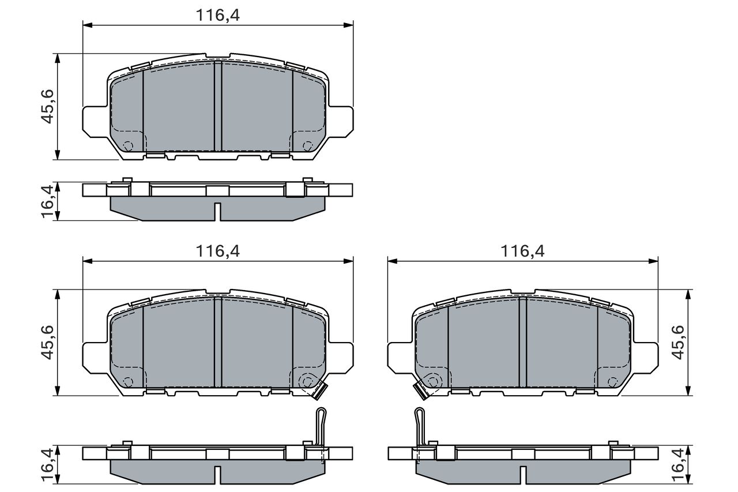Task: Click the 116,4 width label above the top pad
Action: (x=218, y=15)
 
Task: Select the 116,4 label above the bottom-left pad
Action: (x=218, y=251)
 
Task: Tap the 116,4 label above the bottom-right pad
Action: (x=522, y=251)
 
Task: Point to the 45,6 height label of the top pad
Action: (x=47, y=107)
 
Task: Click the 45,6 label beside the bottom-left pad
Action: (x=47, y=342)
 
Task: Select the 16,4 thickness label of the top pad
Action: (x=47, y=201)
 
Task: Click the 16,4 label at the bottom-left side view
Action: (x=47, y=464)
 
